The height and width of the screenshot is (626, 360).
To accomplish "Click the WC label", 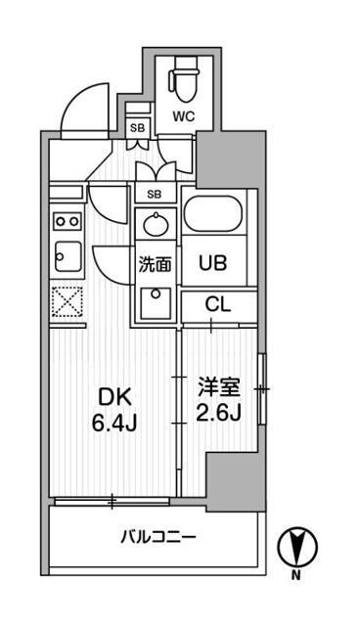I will coord(184,116).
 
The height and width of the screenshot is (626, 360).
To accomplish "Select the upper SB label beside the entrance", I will coord(138,128).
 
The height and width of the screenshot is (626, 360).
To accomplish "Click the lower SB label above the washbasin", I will coord(154,194).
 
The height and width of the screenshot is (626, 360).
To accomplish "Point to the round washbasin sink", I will coord(155,226).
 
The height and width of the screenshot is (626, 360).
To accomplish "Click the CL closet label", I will coord(218,303).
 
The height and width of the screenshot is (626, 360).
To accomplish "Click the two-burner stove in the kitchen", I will coord(67,221).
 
